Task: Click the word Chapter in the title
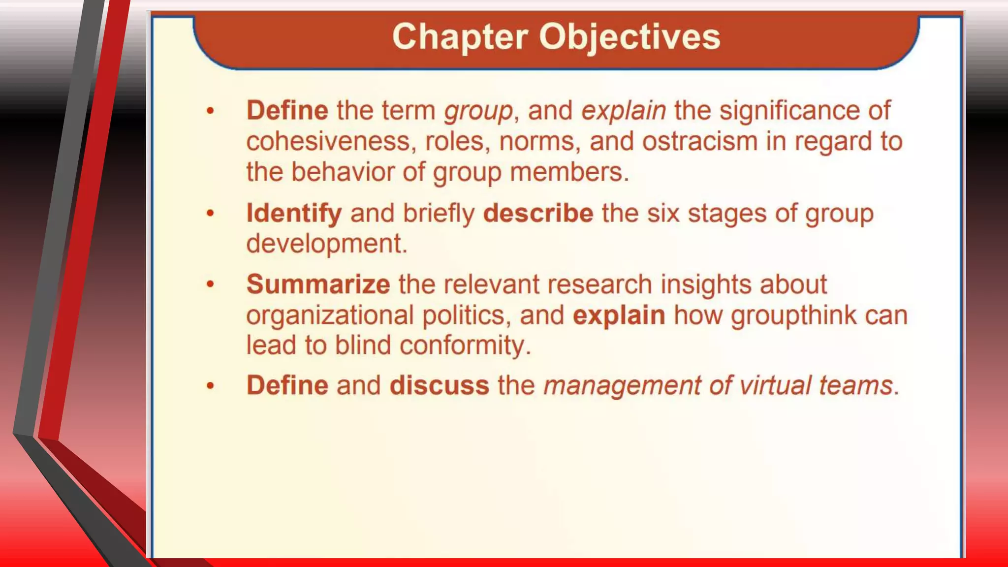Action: (x=460, y=37)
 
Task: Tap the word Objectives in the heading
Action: (x=630, y=37)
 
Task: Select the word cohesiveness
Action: (x=328, y=142)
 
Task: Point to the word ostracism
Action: (x=699, y=142)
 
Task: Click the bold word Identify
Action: (x=294, y=213)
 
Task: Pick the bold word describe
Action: (x=538, y=213)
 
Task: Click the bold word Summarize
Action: (x=318, y=284)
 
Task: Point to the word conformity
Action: (x=465, y=346)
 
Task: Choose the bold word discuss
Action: (x=439, y=385)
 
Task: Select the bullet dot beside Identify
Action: (x=210, y=214)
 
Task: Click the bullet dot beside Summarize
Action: (x=210, y=284)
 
